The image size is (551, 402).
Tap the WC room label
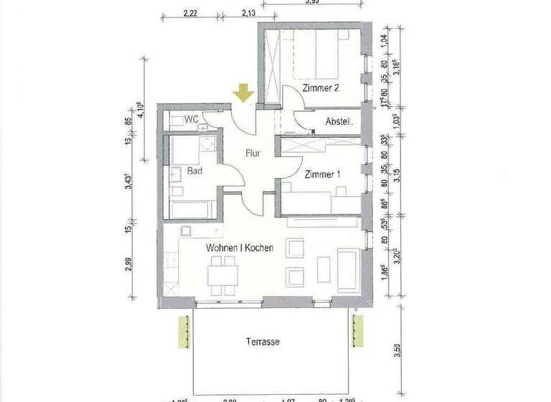point(191,119)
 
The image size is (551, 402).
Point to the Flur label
point(252,153)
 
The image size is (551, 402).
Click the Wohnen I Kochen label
point(240,248)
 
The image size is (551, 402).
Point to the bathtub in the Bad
point(190,209)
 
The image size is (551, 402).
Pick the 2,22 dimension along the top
point(190,12)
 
